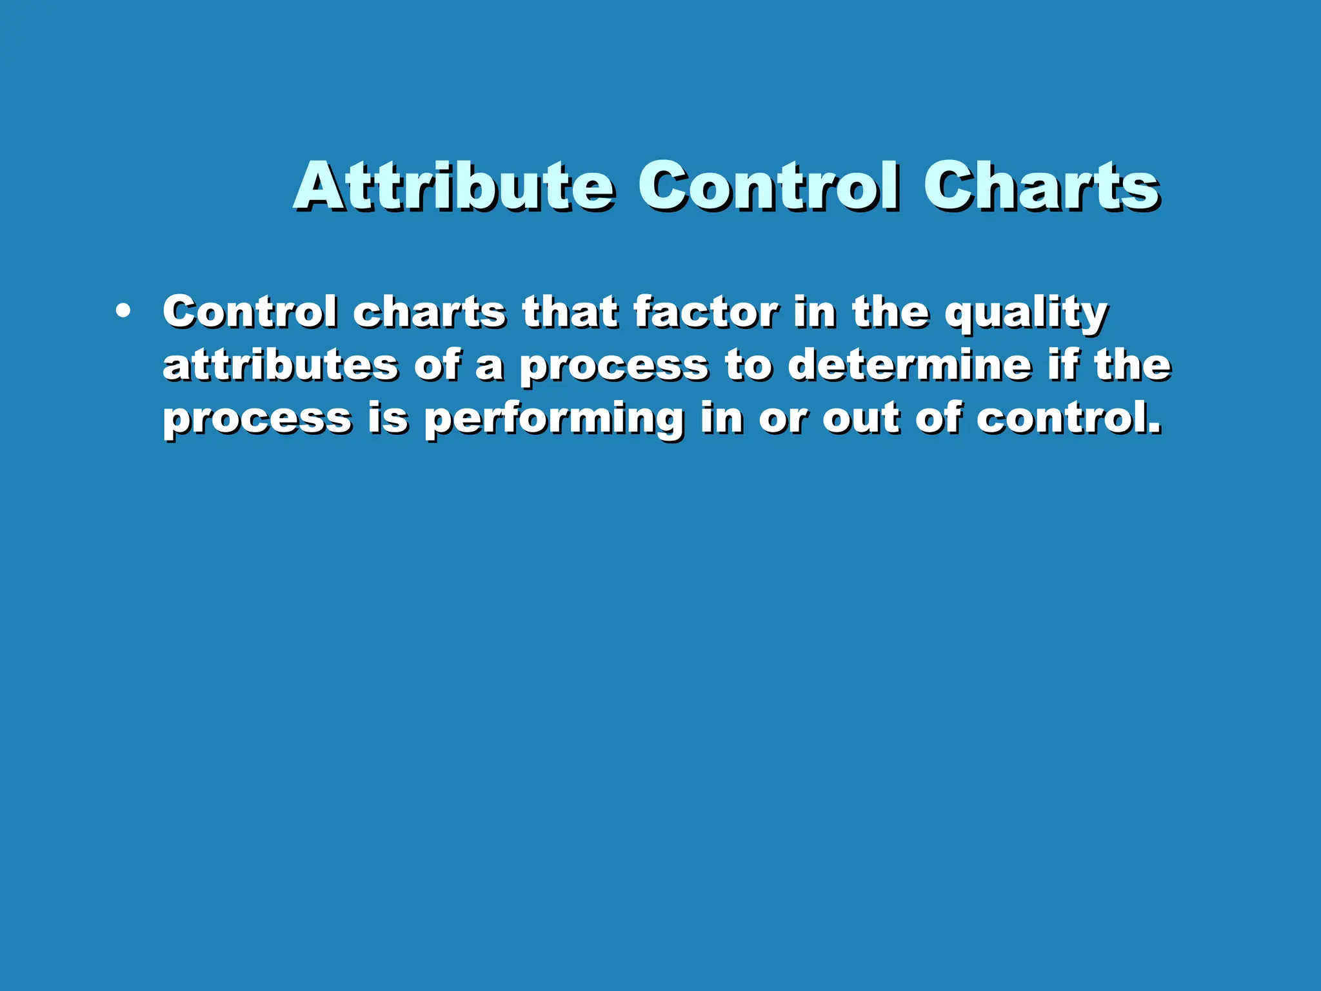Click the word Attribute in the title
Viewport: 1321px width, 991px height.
[x=453, y=187]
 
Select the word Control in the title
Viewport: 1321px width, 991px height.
[x=768, y=187]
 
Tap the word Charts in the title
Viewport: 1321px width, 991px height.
[x=1040, y=187]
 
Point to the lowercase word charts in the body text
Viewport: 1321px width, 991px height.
[x=429, y=313]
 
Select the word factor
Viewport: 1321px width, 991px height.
[x=706, y=313]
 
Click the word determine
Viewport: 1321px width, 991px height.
[x=909, y=365]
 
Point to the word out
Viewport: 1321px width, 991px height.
[x=860, y=419]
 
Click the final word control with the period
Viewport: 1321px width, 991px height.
[x=1068, y=419]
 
